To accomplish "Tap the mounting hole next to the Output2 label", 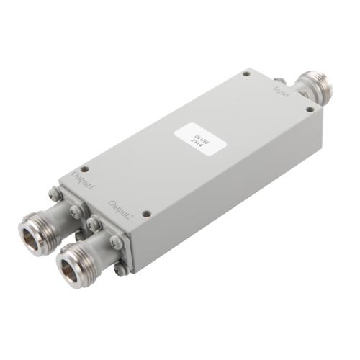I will coord(146,213).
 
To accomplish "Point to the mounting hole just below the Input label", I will coord(310,109).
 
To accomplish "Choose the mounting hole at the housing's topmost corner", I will coord(246,73).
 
